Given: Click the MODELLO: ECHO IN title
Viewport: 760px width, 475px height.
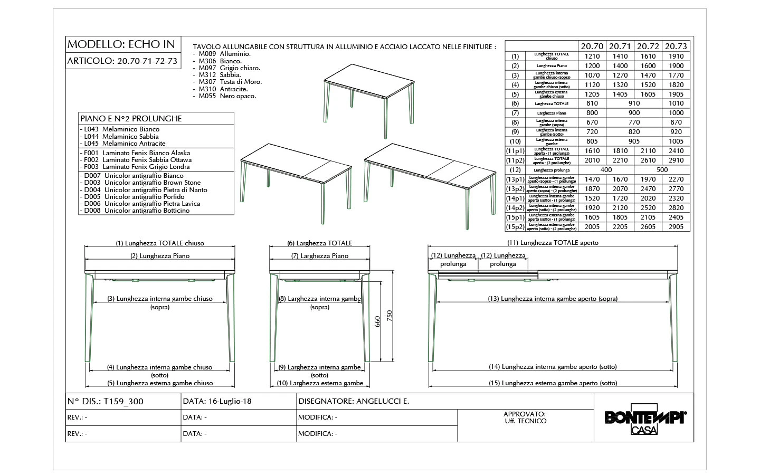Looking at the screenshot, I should [121, 44].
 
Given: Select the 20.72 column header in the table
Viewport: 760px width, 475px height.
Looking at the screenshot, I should [648, 46].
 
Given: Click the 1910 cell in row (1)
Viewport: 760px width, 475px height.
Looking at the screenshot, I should [676, 56].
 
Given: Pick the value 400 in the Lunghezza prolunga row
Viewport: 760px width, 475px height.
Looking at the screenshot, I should [606, 170].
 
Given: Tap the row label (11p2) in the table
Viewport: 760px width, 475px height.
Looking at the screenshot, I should [515, 160].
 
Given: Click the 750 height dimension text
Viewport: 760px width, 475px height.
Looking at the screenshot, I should [389, 316].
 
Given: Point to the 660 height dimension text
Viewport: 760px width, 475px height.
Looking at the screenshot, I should [377, 321].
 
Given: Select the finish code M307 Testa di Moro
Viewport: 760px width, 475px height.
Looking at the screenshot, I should [230, 82].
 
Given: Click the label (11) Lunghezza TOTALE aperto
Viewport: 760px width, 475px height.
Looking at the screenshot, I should [553, 243].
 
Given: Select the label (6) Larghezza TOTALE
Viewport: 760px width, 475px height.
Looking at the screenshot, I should [319, 243].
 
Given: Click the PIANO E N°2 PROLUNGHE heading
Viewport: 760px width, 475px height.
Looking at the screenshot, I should [131, 119].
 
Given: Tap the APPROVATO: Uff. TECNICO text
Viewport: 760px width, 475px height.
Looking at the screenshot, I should [525, 417].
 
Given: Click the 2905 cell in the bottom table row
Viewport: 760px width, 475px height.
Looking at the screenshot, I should [676, 227].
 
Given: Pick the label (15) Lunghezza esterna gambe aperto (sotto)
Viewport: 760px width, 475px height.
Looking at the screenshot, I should [553, 383].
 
